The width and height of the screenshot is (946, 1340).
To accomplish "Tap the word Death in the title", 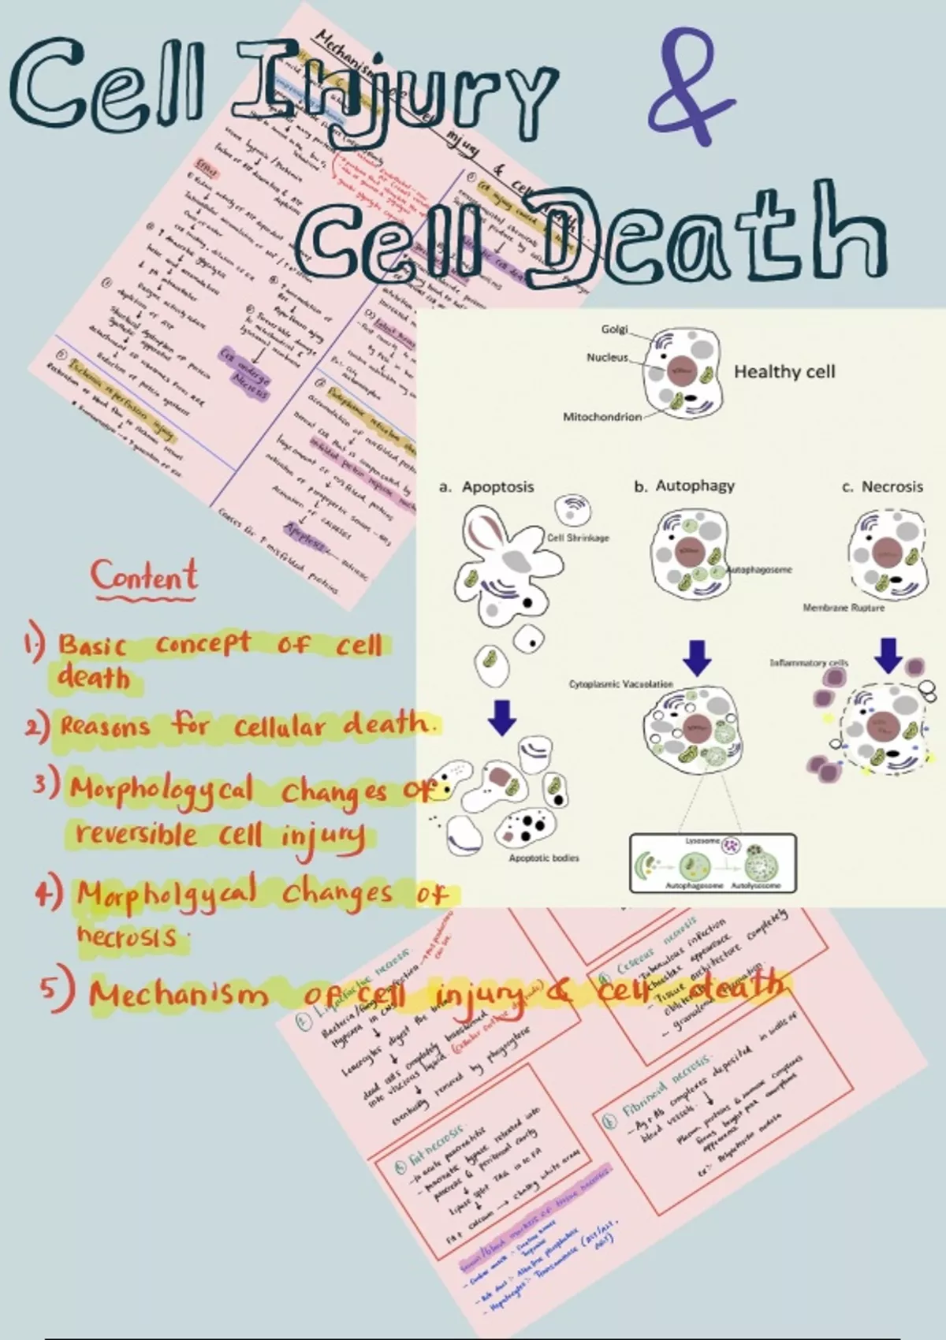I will [713, 236].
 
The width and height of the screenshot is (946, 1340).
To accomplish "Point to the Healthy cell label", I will [784, 372].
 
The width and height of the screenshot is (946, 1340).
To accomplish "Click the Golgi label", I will [614, 329].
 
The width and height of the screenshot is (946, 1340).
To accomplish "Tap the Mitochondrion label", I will [601, 417].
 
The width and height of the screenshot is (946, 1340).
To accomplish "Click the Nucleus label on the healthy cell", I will [607, 358].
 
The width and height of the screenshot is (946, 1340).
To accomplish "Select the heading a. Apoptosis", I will [487, 487].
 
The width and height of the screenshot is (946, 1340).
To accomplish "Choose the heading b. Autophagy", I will [684, 486].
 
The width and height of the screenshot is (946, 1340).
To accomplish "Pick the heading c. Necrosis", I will [882, 487].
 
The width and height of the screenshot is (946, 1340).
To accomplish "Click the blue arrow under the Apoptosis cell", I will [502, 716].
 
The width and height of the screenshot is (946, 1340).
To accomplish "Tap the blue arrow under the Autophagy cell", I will [696, 657].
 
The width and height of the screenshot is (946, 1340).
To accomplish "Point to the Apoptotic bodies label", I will [543, 858].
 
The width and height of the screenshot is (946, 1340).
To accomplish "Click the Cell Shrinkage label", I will [578, 538].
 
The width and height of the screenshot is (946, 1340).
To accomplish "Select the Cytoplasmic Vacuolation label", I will [621, 684].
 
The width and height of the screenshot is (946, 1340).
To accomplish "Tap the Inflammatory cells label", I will [809, 663].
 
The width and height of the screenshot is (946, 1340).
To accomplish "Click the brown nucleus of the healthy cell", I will [680, 370].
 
